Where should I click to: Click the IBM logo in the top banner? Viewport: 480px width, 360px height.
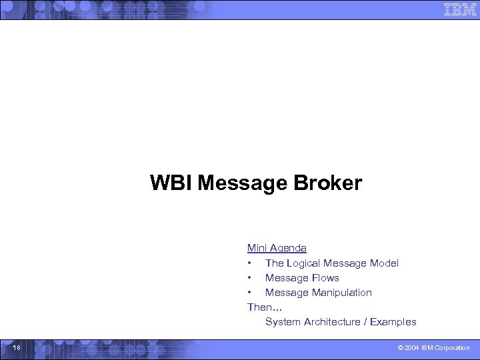coord(460,9)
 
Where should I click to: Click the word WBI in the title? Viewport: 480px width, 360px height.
coord(171,183)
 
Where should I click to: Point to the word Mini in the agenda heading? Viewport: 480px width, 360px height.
coord(257,248)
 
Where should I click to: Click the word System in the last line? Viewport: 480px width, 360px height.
coord(283,322)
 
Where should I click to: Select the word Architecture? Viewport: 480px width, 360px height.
coord(331,322)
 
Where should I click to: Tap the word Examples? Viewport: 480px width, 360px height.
coord(393,322)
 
